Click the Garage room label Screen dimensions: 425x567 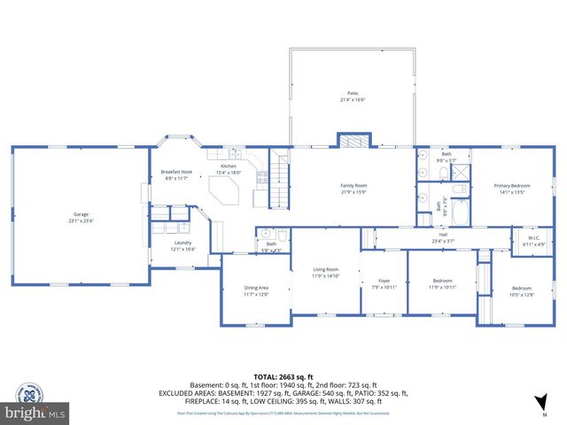[81, 216]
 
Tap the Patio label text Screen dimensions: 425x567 [353, 96]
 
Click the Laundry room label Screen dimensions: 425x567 [183, 245]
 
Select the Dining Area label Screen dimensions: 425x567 [256, 290]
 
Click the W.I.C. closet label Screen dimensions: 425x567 [535, 237]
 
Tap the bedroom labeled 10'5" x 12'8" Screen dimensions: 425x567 [521, 290]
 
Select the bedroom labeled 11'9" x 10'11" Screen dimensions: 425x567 [442, 283]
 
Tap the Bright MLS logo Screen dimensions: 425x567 [35, 403]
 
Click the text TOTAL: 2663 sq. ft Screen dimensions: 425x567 [283, 375]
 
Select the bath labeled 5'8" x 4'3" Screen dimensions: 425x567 [271, 247]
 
